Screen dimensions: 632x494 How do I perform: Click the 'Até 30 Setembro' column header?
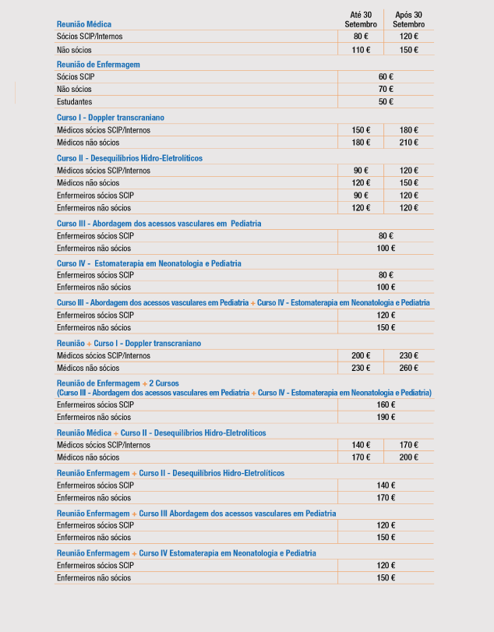pos(361,19)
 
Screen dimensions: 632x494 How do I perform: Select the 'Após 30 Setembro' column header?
pos(409,19)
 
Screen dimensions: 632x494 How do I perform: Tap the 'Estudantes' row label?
pos(74,102)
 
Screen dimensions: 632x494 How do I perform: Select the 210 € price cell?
pos(409,143)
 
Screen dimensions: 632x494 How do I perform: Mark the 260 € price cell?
pos(409,368)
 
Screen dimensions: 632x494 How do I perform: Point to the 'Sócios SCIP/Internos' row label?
pos(90,37)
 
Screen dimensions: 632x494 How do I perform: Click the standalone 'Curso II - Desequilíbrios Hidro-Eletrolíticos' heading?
pos(129,158)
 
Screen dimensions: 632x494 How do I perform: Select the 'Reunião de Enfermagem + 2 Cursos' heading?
pos(118,383)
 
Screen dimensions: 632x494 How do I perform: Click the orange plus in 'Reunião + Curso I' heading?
pos(89,343)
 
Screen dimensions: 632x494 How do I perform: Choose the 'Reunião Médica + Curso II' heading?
pos(161,433)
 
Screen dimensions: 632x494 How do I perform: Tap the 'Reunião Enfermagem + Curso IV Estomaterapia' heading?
pos(186,553)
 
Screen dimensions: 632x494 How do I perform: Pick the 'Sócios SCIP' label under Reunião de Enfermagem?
pos(76,77)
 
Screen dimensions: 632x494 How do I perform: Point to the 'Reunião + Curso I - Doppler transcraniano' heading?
pos(129,343)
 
